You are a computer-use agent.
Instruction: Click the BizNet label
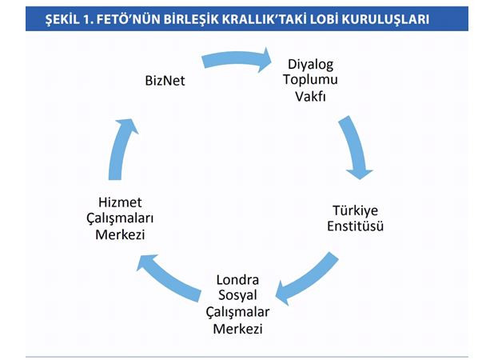point(165,81)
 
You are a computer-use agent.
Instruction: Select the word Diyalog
point(310,65)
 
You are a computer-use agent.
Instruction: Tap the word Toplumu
point(310,80)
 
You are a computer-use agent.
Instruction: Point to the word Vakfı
point(310,97)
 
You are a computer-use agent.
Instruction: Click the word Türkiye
point(355,211)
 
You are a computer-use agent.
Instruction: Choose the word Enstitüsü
point(355,226)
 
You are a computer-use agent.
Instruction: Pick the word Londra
point(237,280)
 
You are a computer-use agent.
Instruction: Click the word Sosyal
point(237,296)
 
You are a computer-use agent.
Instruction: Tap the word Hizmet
point(120,202)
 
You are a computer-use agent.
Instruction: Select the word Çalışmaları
point(120,218)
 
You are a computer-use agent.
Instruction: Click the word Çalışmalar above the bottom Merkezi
point(237,312)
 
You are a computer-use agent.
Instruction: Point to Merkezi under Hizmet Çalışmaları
point(120,235)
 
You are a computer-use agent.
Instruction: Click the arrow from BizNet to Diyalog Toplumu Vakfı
point(237,58)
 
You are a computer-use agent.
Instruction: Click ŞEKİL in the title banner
point(62,19)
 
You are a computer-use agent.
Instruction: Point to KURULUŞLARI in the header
point(385,19)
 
